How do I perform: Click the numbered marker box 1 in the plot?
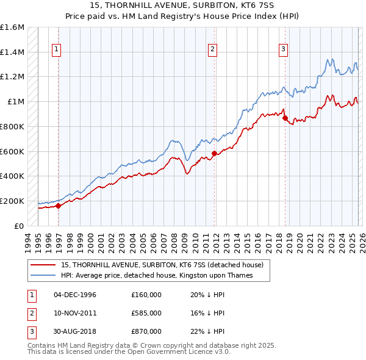(x=56, y=50)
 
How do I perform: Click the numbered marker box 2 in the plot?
(x=212, y=50)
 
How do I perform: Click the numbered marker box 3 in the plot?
(x=284, y=50)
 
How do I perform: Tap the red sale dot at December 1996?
(x=59, y=206)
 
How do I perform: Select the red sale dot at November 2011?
(x=214, y=153)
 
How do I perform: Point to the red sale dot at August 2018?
(x=285, y=118)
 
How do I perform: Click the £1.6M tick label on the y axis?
(x=12, y=27)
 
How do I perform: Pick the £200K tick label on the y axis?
(x=12, y=201)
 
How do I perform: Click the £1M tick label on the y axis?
(x=15, y=102)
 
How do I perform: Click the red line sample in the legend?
(x=44, y=265)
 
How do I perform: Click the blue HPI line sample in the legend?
(x=44, y=276)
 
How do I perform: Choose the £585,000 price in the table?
(x=146, y=313)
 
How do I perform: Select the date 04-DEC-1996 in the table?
(x=75, y=295)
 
